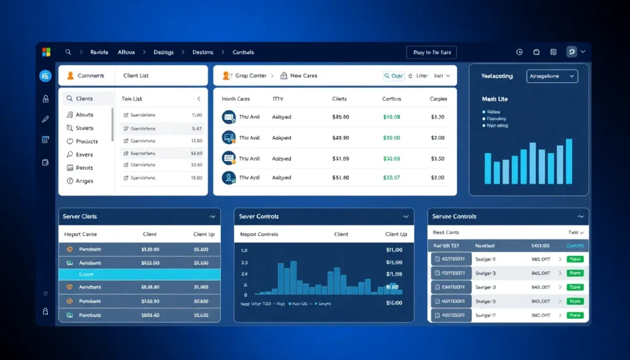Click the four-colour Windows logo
46,52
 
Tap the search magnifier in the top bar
68,52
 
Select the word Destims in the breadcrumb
203,52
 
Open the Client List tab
136,76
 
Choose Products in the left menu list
87,141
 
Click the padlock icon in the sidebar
46,98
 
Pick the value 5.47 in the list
197,129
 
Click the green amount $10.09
391,116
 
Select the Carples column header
439,98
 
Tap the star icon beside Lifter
410,76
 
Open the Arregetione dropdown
552,76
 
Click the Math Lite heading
495,98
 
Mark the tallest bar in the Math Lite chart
569,161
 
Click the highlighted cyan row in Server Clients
139,274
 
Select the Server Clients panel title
81,217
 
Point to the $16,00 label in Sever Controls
394,303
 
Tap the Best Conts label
446,233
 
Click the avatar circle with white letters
46,76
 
